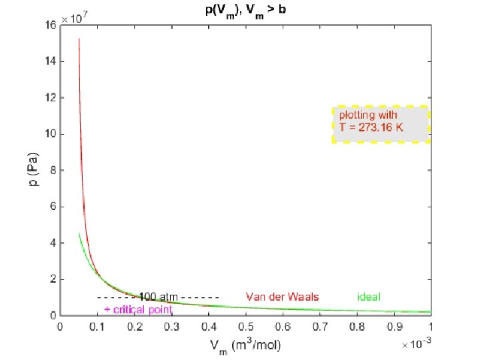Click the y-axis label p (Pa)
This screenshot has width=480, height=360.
coord(31,171)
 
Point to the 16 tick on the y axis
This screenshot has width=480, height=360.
coord(51,25)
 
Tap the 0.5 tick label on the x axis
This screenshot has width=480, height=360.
coord(246,327)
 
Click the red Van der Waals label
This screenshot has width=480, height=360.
coord(282,297)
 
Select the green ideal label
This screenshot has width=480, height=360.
coord(369,297)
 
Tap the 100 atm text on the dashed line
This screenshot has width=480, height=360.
coord(157,297)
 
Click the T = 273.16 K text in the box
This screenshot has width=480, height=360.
coord(371,127)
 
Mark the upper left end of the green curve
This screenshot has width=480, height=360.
coord(79,233)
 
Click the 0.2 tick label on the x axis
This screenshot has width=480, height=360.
coord(135,327)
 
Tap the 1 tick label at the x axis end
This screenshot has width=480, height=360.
coord(431,327)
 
